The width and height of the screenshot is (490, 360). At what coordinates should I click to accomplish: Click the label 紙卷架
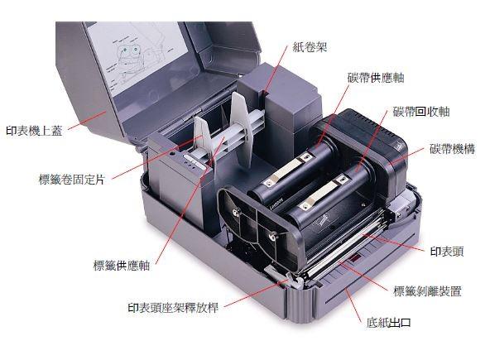(x=310, y=47)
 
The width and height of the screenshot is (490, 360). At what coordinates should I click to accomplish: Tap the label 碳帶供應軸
(x=376, y=78)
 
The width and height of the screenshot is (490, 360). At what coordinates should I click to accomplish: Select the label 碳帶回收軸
(x=421, y=112)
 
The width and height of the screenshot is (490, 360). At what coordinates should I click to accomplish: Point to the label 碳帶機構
(x=452, y=149)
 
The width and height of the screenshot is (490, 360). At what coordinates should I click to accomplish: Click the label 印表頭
(x=447, y=252)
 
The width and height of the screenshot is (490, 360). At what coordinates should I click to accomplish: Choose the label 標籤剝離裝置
(x=427, y=291)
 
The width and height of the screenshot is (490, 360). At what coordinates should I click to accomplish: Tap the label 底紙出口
(x=388, y=323)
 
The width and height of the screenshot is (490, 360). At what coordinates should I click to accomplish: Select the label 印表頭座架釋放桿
(x=173, y=308)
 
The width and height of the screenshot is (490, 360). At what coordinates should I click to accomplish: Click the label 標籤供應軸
(x=122, y=266)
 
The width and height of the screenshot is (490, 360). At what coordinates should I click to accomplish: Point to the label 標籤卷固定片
(x=72, y=180)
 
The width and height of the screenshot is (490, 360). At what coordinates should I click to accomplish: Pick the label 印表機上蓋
(x=35, y=130)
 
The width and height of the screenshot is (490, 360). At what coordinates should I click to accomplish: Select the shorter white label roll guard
(x=204, y=141)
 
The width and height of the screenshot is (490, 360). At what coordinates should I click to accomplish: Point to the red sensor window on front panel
(x=355, y=258)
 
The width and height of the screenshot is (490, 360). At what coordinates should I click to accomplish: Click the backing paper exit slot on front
(x=370, y=284)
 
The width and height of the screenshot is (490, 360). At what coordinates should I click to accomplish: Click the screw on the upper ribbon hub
(x=236, y=213)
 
